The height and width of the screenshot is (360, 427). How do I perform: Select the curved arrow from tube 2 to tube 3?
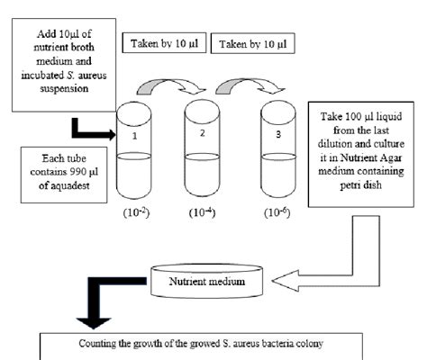point(241,87)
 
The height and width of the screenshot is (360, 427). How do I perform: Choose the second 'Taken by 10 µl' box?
point(247,43)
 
